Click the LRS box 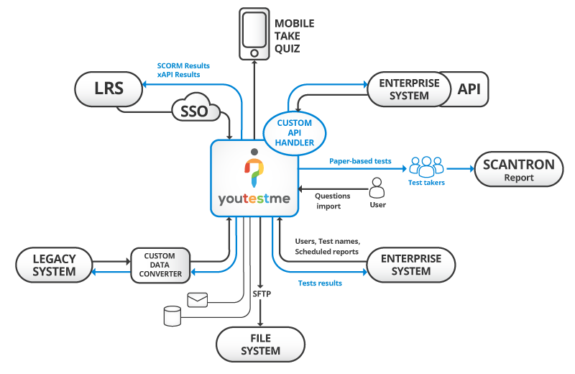point(109,89)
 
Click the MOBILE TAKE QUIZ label point(294,36)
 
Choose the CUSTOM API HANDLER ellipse point(295,133)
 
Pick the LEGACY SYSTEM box point(55,264)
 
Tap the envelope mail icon point(197,299)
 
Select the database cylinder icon point(172,316)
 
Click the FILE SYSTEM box point(260,345)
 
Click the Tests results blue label point(320,283)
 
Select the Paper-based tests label point(359,162)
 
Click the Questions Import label point(333,201)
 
